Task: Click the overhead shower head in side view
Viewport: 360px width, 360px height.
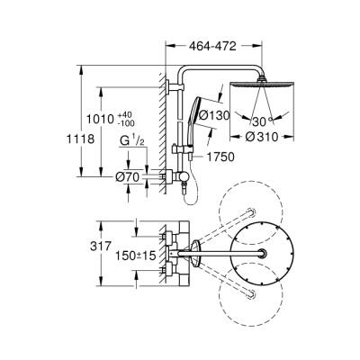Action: click(262, 85)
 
